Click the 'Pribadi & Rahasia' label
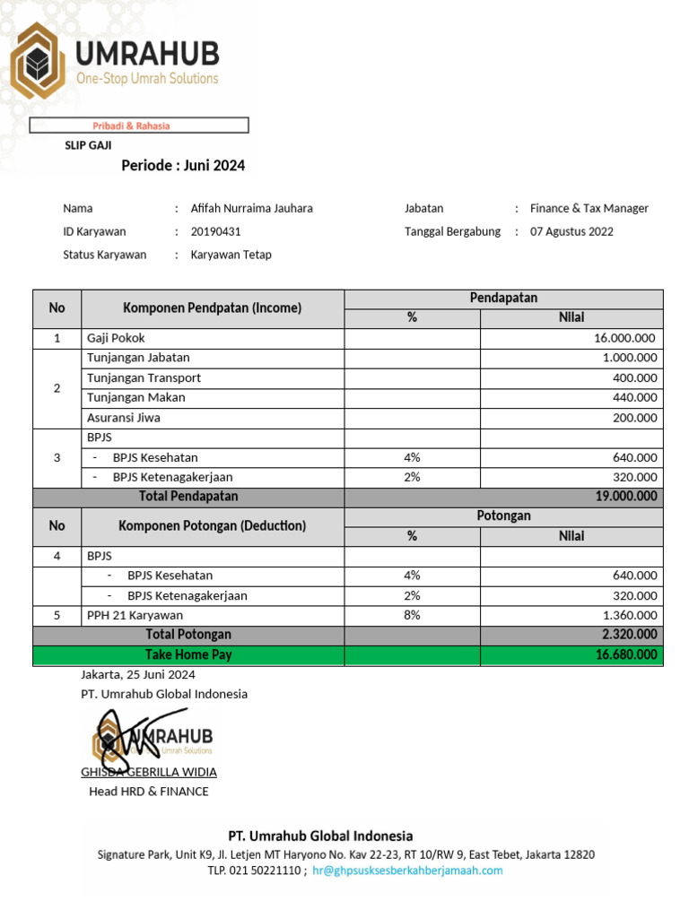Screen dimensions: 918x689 click(x=132, y=126)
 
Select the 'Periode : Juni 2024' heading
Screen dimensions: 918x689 click(x=183, y=166)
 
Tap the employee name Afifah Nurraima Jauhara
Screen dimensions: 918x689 click(x=251, y=208)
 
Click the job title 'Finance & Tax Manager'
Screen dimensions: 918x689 click(x=589, y=208)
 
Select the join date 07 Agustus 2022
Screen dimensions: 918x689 click(x=571, y=231)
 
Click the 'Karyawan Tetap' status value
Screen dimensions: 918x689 click(x=231, y=255)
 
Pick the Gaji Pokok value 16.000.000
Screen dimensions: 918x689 click(x=624, y=338)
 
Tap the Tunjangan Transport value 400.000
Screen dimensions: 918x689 click(x=634, y=377)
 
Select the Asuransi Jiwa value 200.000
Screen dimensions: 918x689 click(x=634, y=418)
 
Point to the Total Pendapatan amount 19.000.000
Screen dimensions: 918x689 click(x=624, y=497)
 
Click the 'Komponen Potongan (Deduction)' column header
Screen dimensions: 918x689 click(x=212, y=526)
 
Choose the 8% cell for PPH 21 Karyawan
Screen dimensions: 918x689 click(x=412, y=615)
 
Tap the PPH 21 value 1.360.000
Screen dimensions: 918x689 click(x=628, y=615)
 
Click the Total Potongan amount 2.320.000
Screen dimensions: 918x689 click(x=628, y=635)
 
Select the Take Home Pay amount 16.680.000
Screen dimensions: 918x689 click(x=625, y=655)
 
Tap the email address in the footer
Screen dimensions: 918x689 click(x=407, y=870)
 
